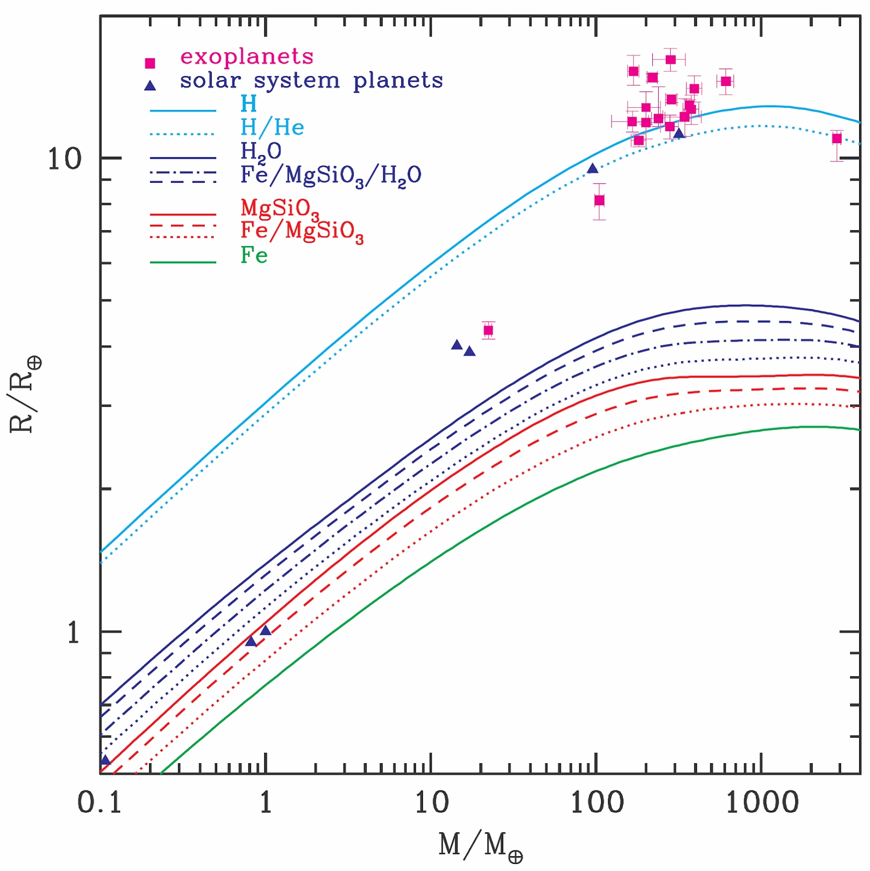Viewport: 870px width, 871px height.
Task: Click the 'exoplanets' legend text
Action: pos(247,57)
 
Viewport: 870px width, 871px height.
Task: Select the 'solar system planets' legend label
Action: pos(311,81)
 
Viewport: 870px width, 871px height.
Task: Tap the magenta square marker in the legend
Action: pos(150,63)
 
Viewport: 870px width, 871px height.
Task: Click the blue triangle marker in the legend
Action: pos(150,85)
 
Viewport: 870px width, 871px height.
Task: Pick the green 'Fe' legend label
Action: pos(254,255)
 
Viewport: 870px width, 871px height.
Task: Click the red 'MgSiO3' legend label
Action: pos(280,208)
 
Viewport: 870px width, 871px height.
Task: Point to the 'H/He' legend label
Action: pos(272,127)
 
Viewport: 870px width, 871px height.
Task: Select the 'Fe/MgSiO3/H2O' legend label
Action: pos(330,176)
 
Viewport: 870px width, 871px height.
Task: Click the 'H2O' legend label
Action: pos(260,151)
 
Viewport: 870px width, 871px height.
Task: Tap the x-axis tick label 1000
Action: pos(762,802)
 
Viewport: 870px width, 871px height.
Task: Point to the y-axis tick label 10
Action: pos(64,160)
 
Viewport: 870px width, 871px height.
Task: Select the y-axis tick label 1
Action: pos(73,633)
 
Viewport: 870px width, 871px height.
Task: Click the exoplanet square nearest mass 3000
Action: pos(837,139)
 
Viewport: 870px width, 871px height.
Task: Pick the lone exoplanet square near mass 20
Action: pos(488,330)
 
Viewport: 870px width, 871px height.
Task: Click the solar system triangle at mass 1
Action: pos(266,630)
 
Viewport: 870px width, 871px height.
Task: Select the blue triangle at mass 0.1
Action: pos(106,760)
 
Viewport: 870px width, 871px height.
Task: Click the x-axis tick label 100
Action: pos(597,802)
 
